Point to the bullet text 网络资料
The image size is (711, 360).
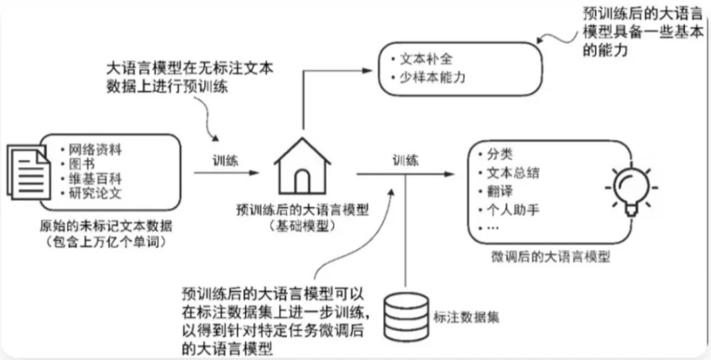[x=94, y=150]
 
